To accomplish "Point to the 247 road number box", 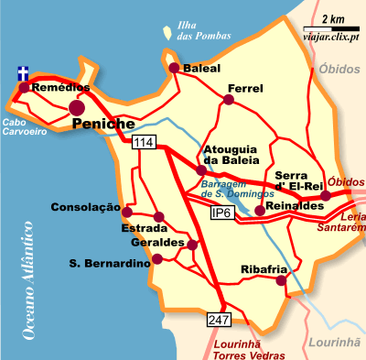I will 219,320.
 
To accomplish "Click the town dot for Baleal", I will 174,67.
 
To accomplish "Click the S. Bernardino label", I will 109,264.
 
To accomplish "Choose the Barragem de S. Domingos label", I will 237,189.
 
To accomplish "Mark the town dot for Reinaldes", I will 259,211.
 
